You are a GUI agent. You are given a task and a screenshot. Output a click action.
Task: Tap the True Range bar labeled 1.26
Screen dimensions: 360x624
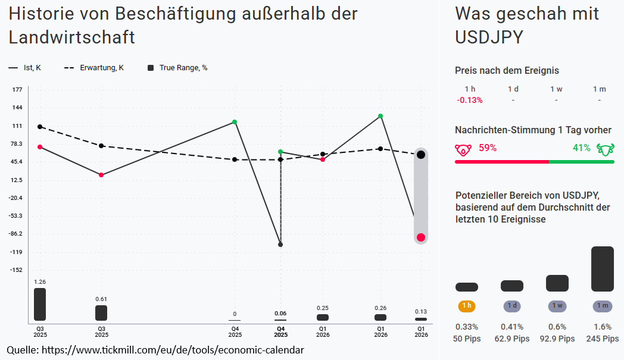click(x=40, y=304)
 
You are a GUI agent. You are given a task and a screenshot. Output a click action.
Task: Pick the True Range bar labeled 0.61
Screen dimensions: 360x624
click(x=101, y=312)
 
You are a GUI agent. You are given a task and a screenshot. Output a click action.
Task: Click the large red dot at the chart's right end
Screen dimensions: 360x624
click(x=421, y=237)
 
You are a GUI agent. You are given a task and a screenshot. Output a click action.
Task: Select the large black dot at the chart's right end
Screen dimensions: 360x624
click(x=421, y=155)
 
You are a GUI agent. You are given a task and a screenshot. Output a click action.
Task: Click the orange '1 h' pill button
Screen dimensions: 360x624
click(x=466, y=306)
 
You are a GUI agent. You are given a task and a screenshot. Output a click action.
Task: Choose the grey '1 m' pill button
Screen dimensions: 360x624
click(x=602, y=306)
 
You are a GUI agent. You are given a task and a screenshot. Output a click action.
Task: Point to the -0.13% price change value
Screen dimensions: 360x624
click(x=470, y=100)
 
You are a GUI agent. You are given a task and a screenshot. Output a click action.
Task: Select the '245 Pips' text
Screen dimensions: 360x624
click(x=602, y=339)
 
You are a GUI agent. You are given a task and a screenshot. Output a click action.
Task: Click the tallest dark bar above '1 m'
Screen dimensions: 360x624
click(x=602, y=269)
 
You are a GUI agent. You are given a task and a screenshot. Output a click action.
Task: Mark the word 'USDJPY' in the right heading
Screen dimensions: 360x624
click(x=489, y=37)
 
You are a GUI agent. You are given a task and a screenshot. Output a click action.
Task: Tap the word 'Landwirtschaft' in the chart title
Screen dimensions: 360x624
click(x=71, y=37)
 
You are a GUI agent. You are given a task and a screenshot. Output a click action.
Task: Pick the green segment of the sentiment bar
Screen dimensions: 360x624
click(x=581, y=161)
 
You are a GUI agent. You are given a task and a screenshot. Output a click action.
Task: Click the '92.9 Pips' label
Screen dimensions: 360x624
click(x=557, y=339)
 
